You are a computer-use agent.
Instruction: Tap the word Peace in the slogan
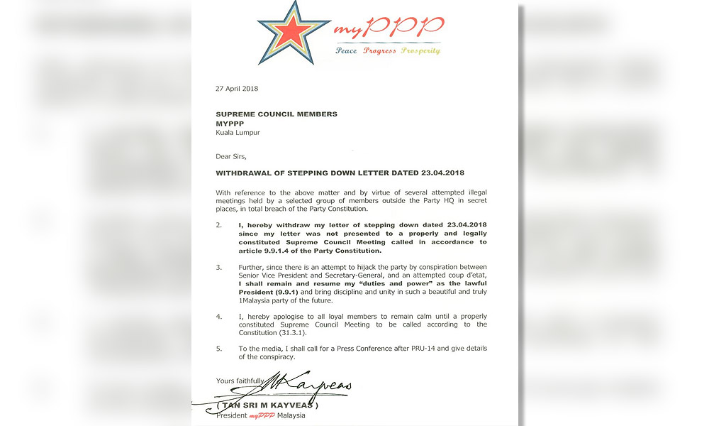[x=347, y=51]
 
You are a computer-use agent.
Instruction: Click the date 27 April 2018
[x=237, y=89]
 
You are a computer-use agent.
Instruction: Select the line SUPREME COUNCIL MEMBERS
[x=277, y=114]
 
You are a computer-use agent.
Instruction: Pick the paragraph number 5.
[x=218, y=348]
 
